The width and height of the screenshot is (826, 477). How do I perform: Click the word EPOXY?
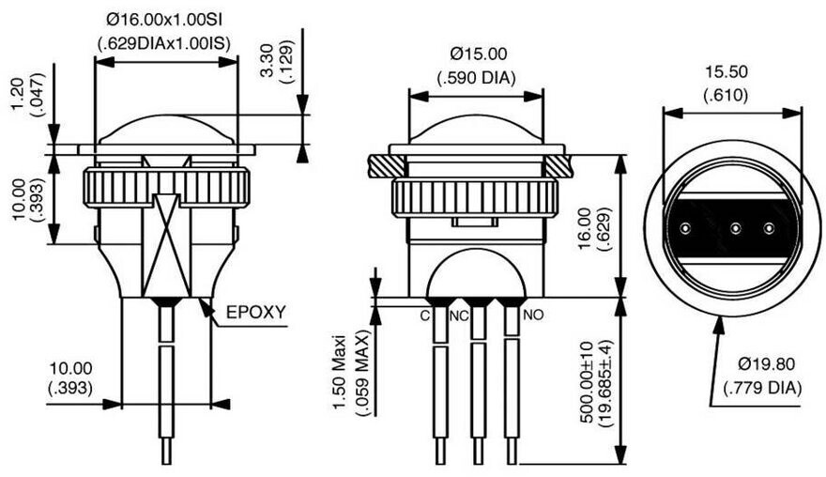[256, 312]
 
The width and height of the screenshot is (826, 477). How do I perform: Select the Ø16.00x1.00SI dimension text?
[164, 20]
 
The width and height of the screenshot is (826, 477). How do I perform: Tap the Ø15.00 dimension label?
[479, 54]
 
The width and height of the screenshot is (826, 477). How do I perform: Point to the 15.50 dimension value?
[727, 71]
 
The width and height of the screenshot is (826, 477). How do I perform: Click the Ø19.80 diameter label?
[767, 363]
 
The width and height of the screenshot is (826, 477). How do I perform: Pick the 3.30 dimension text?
[268, 59]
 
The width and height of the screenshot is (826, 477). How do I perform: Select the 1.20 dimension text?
[19, 94]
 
